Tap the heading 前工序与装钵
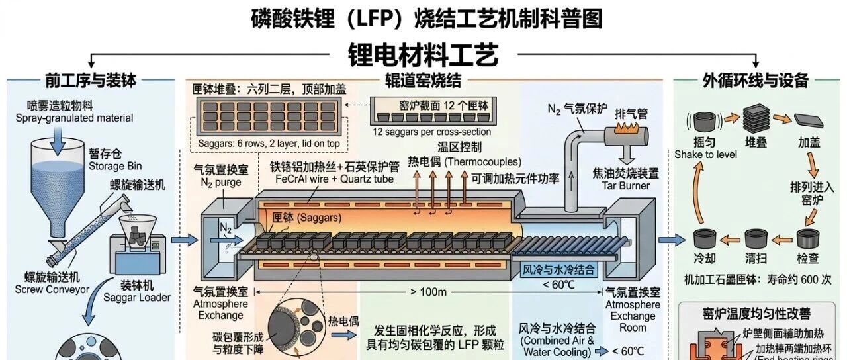(x=91, y=81)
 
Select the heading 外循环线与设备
(x=755, y=81)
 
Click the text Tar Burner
(x=626, y=185)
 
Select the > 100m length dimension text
(x=429, y=292)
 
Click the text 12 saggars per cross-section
(x=431, y=132)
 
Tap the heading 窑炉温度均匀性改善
(x=755, y=313)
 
